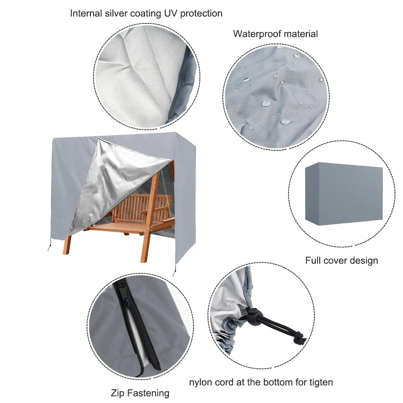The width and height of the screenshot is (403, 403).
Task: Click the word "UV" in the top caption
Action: coord(171,13)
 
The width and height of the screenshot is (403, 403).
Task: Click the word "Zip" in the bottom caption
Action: coord(118,393)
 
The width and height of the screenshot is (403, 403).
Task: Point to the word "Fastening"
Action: coord(148,393)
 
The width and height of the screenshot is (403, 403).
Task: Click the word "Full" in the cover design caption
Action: coord(313,260)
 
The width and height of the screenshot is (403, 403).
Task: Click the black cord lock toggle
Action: coord(253,314)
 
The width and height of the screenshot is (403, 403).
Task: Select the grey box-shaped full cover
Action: coord(344,194)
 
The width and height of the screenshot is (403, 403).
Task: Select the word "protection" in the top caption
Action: coord(201,14)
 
